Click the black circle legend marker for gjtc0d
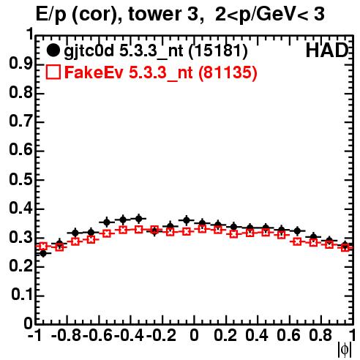[x=53, y=50]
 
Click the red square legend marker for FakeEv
[x=53, y=72]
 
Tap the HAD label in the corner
[x=326, y=50]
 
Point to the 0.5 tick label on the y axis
[x=20, y=179]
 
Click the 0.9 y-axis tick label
[x=20, y=64]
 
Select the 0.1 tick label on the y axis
[x=22, y=295]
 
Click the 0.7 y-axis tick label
[x=20, y=121]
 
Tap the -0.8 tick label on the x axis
[x=67, y=336]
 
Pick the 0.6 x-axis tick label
[x=288, y=336]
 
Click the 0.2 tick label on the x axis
[x=225, y=336]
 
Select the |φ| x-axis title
[x=345, y=350]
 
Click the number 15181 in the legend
[x=218, y=51]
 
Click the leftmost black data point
[x=43, y=254]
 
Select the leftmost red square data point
[x=43, y=247]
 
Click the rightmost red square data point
[x=345, y=248]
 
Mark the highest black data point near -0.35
[x=138, y=219]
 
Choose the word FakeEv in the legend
[x=94, y=72]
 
